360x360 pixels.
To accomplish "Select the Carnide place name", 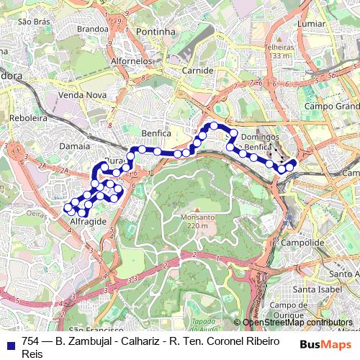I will (x=197, y=71).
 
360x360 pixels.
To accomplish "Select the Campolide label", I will (x=299, y=243).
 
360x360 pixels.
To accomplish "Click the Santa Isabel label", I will (x=312, y=290).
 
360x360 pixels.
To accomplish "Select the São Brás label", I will (x=33, y=22).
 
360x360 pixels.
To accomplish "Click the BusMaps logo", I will (x=325, y=344).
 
